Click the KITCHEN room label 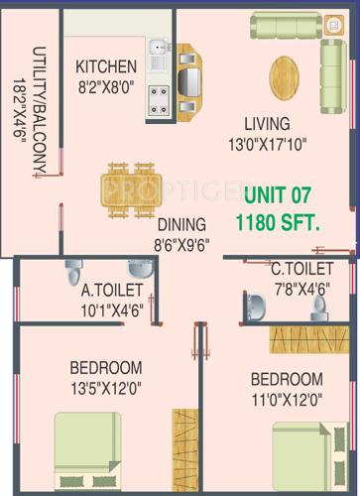[106, 67]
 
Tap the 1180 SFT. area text [278, 223]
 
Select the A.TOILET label [111, 290]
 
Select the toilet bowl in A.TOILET [75, 272]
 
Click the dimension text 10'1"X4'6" [111, 308]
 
